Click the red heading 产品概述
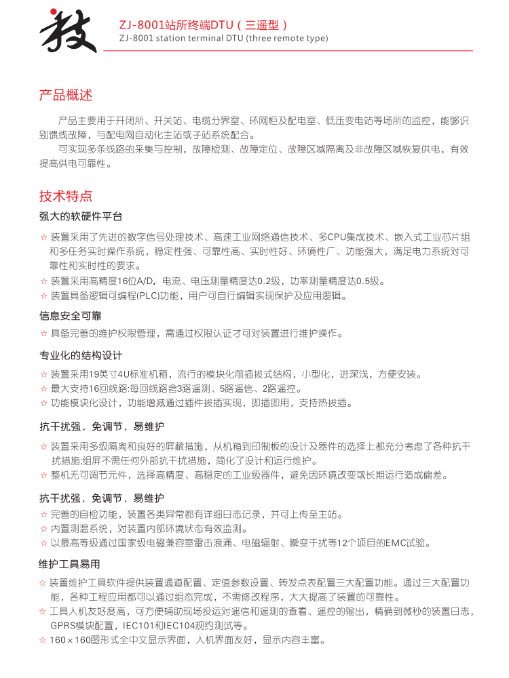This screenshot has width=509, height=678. click(x=66, y=95)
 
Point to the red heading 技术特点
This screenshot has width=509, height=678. click(x=66, y=196)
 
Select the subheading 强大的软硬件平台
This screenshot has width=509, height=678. click(x=81, y=217)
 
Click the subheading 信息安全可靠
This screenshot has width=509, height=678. click(x=71, y=315)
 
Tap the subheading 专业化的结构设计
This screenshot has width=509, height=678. click(x=81, y=356)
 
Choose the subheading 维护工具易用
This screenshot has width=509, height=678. click(x=71, y=564)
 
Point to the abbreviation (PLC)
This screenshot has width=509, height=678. click(x=147, y=296)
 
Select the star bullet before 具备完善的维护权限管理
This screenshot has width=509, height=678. click(x=43, y=334)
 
